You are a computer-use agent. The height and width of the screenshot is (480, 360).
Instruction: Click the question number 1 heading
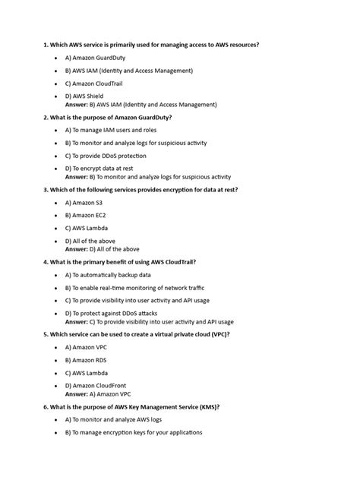(151, 45)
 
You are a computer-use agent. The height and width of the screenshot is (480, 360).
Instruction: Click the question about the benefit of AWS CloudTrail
(121, 261)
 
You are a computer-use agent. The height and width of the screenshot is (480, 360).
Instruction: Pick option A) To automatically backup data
(108, 274)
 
